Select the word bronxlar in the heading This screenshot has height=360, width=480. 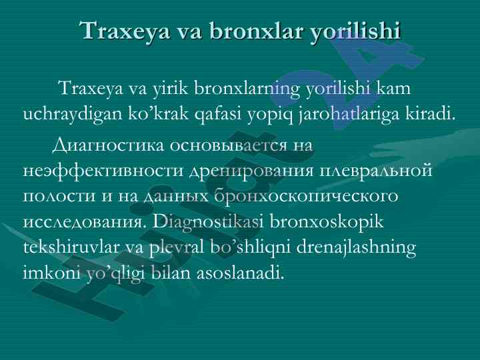257,30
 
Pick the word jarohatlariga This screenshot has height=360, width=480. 349,115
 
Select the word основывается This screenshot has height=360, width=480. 229,146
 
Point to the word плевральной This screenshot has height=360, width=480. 376,171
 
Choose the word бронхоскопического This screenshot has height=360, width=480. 306,196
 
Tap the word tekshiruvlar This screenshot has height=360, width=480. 71,247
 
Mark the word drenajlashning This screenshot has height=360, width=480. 356,248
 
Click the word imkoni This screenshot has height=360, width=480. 51,273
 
